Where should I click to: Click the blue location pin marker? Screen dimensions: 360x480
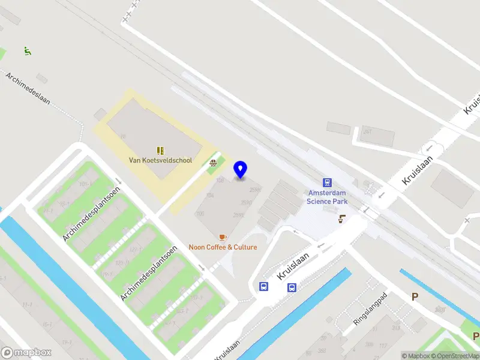[241, 170]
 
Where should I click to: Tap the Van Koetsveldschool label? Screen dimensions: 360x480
[161, 160]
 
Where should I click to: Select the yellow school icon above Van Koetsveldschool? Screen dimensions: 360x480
[160, 150]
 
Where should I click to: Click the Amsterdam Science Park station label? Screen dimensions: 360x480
[327, 197]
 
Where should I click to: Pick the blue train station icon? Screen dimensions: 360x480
[327, 182]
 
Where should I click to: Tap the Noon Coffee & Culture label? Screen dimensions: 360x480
[223, 247]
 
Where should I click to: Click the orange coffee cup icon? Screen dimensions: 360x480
[223, 238]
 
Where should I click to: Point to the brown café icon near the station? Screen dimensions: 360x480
[342, 219]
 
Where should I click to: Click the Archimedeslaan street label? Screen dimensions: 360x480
[28, 89]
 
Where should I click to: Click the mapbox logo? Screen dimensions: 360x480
[26, 352]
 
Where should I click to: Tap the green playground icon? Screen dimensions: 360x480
[27, 51]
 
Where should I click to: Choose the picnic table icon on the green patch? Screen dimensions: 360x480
[213, 162]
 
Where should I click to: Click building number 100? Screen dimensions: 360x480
[200, 214]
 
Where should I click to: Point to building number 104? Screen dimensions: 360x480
[210, 196]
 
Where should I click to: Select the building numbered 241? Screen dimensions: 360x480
[367, 131]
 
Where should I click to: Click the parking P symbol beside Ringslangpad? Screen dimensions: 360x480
[415, 296]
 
